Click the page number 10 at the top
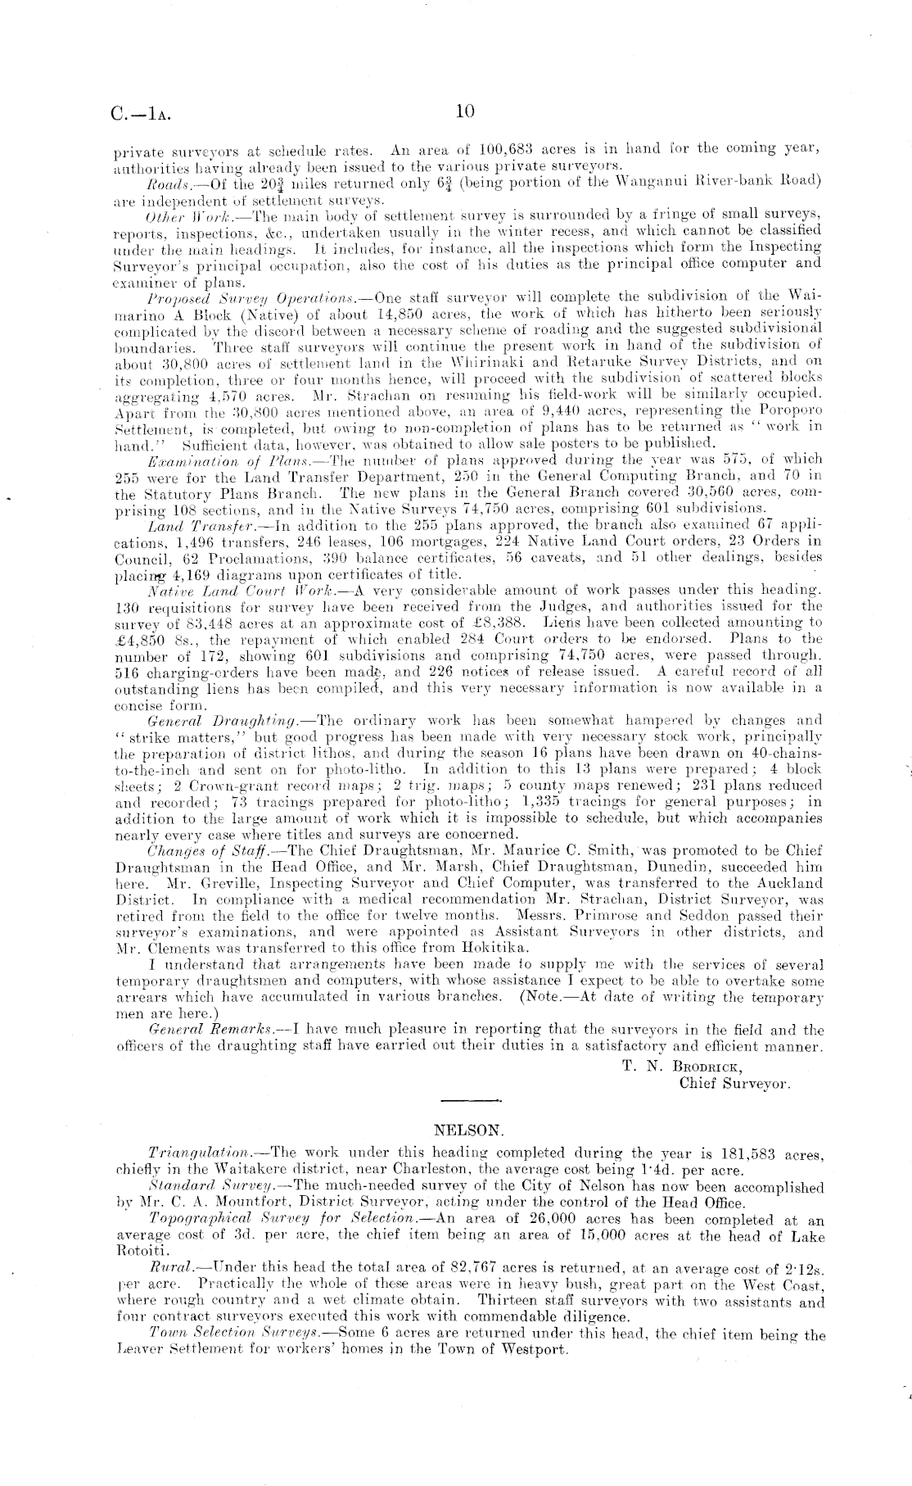(464, 111)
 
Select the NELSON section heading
(467, 1130)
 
